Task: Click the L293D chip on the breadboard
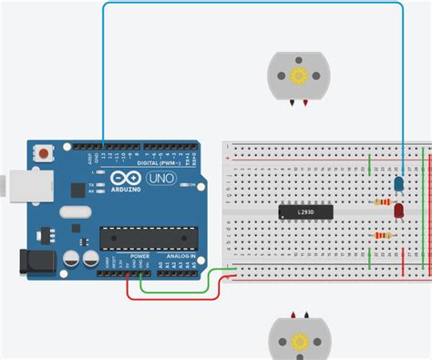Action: point(305,212)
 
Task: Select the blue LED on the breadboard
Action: point(398,185)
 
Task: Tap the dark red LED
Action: point(399,211)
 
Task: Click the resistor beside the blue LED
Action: point(381,202)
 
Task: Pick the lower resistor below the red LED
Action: point(384,237)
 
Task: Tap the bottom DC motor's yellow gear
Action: point(296,342)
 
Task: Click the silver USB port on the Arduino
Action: point(11,184)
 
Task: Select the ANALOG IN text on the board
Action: point(179,256)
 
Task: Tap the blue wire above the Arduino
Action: point(246,5)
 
